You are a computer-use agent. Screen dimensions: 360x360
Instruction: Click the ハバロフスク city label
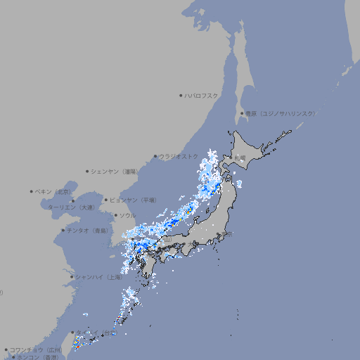[202, 95]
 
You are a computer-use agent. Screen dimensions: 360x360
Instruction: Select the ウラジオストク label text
[179, 157]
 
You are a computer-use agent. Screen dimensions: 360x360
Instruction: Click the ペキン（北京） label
[55, 191]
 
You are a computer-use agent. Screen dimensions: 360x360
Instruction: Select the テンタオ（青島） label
[87, 230]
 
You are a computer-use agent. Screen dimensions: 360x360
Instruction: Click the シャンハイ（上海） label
[99, 277]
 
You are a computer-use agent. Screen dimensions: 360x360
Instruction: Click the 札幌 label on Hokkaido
[240, 157]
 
